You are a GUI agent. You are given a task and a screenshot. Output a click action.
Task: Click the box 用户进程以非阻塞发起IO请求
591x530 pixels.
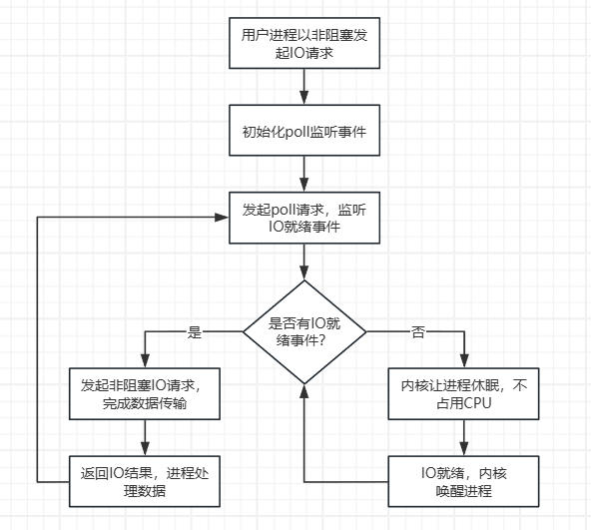point(304,44)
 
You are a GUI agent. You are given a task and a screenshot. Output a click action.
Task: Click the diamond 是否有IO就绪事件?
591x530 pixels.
point(304,331)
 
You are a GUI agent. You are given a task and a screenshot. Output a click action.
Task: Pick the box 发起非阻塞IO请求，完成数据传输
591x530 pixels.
point(147,394)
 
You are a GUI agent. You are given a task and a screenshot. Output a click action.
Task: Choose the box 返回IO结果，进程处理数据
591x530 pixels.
point(147,480)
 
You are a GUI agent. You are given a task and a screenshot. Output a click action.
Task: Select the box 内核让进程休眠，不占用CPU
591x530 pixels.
point(463,394)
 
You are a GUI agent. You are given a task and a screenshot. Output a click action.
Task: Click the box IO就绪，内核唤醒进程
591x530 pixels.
point(463,480)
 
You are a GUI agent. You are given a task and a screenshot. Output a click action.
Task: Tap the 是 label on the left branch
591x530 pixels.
point(195,331)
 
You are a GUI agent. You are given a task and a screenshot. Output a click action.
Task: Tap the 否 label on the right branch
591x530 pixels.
point(418,331)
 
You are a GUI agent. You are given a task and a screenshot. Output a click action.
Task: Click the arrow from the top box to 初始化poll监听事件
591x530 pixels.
point(304,89)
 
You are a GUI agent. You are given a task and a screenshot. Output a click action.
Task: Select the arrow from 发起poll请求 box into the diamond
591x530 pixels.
point(304,262)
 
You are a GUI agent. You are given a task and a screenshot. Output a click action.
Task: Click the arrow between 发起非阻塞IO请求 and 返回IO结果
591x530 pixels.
point(147,437)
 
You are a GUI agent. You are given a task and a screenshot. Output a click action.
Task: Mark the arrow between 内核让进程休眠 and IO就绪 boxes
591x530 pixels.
point(463,437)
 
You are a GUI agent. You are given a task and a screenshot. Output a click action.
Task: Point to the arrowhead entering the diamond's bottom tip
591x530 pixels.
point(304,390)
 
